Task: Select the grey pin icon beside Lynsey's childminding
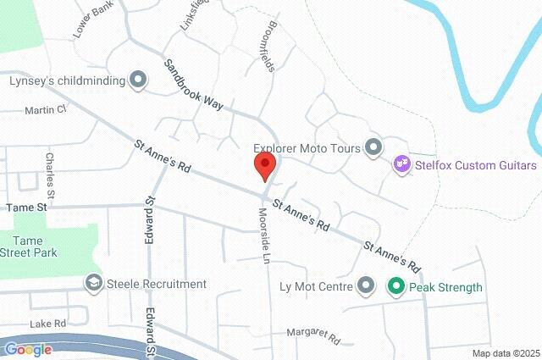[137, 80]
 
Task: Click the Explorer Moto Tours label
[306, 147]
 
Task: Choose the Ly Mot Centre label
[315, 286]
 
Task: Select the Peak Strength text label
[445, 287]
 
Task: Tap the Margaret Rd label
[312, 336]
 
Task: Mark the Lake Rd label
[47, 324]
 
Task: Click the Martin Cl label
[45, 110]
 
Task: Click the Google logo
[28, 349]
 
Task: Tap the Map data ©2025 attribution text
[506, 353]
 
